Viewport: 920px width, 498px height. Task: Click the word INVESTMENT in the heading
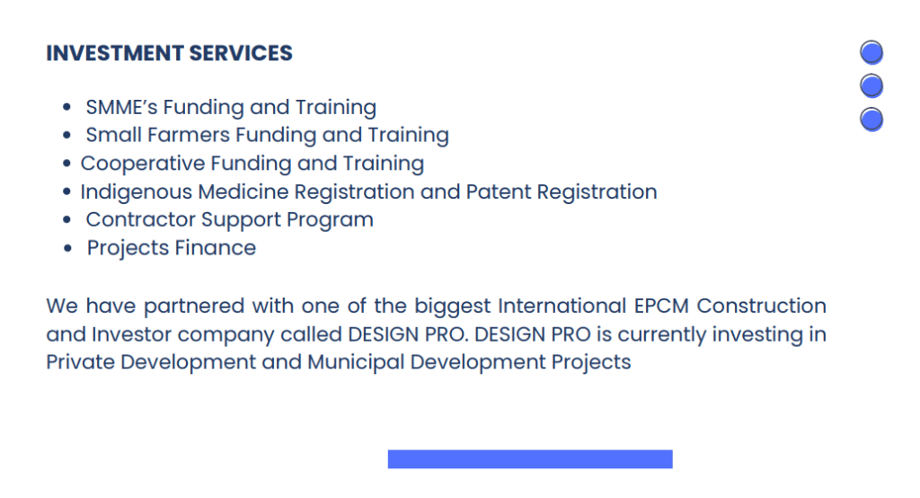(115, 53)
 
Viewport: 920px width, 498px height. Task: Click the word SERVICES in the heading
(241, 53)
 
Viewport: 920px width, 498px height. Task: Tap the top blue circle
(871, 52)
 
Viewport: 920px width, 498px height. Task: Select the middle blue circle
(871, 85)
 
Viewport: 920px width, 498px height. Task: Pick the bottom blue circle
(871, 120)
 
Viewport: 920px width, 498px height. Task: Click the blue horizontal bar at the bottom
(530, 459)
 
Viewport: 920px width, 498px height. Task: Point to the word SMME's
(121, 107)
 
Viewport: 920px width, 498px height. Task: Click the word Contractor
(140, 219)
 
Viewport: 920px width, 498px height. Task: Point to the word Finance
(216, 248)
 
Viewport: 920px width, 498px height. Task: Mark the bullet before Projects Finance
(67, 248)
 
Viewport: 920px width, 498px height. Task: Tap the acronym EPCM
(661, 306)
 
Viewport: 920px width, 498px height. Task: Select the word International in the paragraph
(562, 306)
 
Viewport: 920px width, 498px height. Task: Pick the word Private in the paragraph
(80, 362)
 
